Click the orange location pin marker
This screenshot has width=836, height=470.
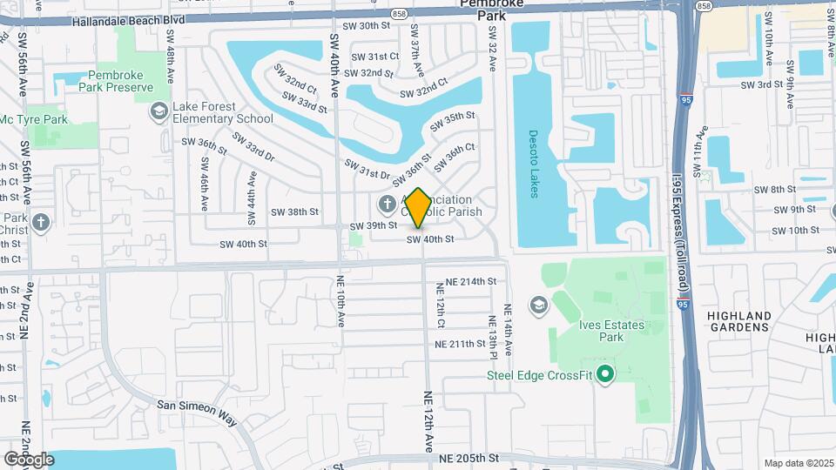coord(418,208)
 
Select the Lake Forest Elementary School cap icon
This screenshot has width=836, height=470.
coord(158,111)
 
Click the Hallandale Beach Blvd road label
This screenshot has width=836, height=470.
coord(129,19)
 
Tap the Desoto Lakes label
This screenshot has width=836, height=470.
coord(535,164)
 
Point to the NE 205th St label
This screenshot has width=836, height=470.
coord(469,458)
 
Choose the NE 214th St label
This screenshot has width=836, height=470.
coord(470,282)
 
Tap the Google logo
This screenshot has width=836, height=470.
coord(29,459)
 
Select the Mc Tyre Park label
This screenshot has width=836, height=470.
coord(33,119)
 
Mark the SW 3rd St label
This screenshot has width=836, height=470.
coord(762,85)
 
